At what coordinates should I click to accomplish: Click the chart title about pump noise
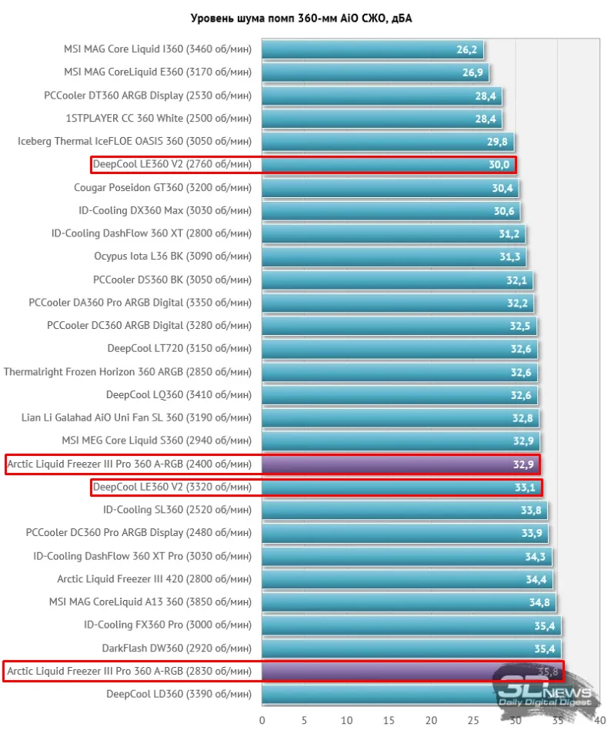coord(301,18)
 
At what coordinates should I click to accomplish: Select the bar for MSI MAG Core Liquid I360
coord(372,49)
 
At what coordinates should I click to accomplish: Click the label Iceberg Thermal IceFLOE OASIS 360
coord(135,142)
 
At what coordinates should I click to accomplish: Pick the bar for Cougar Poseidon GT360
coord(389,187)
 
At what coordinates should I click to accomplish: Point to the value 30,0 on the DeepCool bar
coord(499,165)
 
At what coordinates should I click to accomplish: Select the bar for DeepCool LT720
coord(399,349)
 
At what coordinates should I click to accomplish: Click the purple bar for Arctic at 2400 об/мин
coord(400,464)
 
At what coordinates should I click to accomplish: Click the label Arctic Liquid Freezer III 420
coord(154,579)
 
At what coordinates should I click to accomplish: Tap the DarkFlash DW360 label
coord(176,649)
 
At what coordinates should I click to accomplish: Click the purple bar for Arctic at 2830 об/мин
coord(377,672)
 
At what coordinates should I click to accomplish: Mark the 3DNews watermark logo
coord(544,688)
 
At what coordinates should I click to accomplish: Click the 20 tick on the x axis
coord(431,721)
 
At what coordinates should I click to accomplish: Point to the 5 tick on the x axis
coord(304,721)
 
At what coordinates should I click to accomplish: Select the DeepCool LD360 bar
coord(377,695)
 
